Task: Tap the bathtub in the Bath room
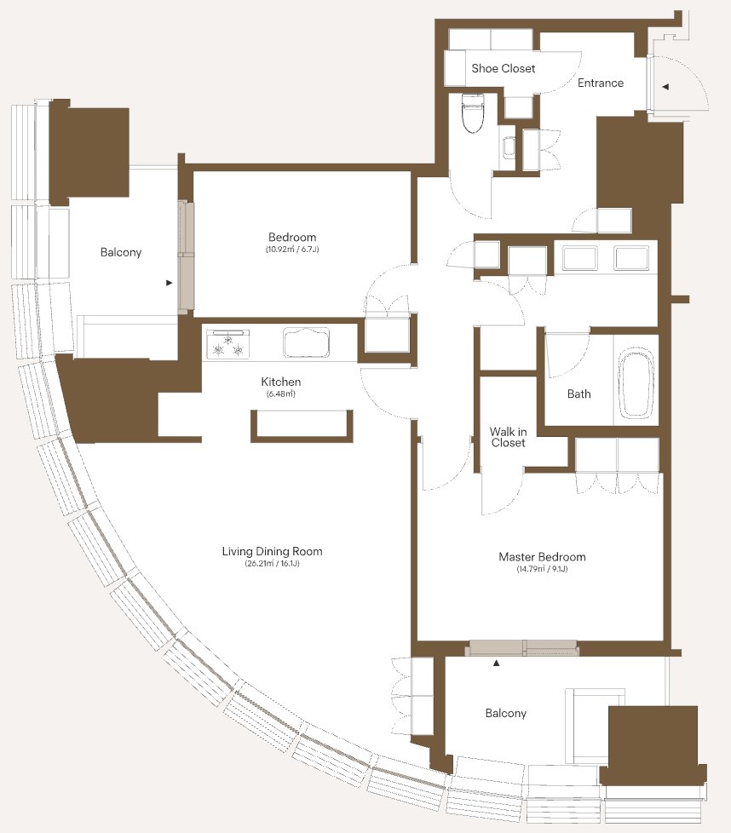(x=636, y=382)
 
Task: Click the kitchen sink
(x=306, y=342)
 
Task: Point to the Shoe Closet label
(x=503, y=68)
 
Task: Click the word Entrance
(x=601, y=83)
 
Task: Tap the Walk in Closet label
(x=508, y=437)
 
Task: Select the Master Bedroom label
(x=542, y=557)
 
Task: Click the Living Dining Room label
(x=272, y=551)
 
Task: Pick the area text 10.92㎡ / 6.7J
(x=292, y=250)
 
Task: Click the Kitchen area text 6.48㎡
(x=280, y=394)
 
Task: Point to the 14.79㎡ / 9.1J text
(x=542, y=569)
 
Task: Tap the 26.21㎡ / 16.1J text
(x=272, y=564)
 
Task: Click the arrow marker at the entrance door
(x=665, y=87)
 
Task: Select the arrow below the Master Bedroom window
(x=496, y=663)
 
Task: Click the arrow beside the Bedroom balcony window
(x=170, y=283)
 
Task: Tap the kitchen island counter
(x=302, y=426)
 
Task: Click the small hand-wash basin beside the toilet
(x=509, y=146)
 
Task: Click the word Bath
(x=578, y=394)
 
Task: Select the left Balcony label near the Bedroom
(x=121, y=252)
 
